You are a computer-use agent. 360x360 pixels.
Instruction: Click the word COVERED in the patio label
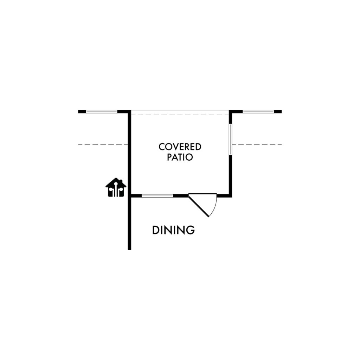[x=180, y=147]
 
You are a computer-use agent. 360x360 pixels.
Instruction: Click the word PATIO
[x=180, y=157]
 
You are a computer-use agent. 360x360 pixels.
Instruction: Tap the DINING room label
[x=174, y=230]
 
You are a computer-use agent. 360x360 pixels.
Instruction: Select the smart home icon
[x=116, y=187]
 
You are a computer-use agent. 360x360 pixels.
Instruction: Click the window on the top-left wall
[x=102, y=111]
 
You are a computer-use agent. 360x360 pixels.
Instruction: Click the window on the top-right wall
[x=258, y=111]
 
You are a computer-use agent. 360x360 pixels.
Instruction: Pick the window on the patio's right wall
[x=231, y=139]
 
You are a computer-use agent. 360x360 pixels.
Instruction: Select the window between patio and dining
[x=157, y=196]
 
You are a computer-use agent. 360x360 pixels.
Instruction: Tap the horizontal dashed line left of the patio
[x=103, y=144]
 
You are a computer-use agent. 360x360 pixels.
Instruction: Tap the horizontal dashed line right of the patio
[x=257, y=144]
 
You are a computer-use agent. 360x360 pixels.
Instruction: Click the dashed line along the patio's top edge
[x=180, y=115]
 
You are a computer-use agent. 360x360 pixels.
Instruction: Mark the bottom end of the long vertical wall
[x=129, y=250]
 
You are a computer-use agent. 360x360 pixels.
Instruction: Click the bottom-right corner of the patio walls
[x=231, y=196]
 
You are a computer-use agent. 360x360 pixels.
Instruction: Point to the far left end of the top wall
[x=78, y=111]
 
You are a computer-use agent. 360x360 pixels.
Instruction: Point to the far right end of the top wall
[x=282, y=111]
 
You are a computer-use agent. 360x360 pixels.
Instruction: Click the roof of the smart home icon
[x=116, y=182]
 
